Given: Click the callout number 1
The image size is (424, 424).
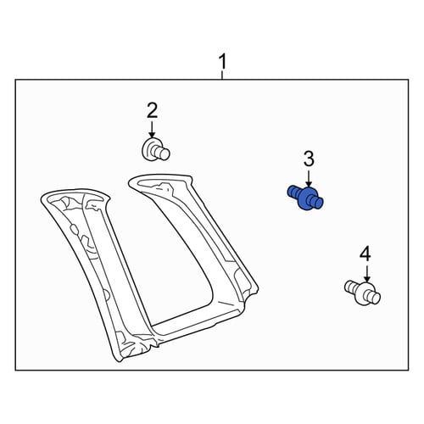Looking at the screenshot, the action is (223, 62).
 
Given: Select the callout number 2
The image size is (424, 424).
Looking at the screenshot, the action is (152, 111).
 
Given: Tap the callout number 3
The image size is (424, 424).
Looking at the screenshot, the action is (309, 159).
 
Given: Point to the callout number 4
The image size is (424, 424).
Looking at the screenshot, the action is (365, 254).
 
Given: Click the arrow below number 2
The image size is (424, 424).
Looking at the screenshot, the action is (152, 130).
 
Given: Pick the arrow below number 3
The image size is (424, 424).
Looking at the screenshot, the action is (309, 178).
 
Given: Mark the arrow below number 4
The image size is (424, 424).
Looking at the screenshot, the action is (367, 273).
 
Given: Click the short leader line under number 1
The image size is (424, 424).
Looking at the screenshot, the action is (223, 75).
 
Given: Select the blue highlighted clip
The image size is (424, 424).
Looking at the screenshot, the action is (305, 198).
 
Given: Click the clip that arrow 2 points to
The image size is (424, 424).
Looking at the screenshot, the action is (155, 149).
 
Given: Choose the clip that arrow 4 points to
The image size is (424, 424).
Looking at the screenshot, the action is (363, 293).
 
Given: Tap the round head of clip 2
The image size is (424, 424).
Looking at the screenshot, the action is (149, 149).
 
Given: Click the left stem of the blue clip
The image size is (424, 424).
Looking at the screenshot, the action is (293, 192).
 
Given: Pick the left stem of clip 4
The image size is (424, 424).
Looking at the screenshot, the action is (351, 287).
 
